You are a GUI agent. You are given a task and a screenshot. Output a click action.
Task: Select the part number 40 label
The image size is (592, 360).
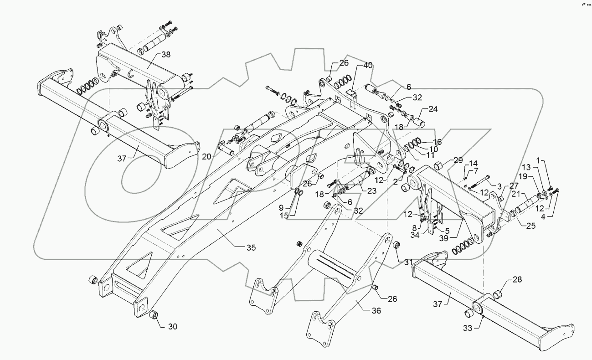tap(367, 66)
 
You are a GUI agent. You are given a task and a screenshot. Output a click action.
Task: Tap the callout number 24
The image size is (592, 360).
tap(432, 109)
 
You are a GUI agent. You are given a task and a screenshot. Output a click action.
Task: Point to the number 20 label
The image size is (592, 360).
tap(207, 156)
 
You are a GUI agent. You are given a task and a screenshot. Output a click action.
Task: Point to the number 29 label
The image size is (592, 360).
tap(458, 160)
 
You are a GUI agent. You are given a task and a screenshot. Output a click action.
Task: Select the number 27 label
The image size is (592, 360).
tap(514, 185)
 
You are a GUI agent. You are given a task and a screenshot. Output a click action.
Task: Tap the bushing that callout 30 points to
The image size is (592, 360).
tap(154, 314)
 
